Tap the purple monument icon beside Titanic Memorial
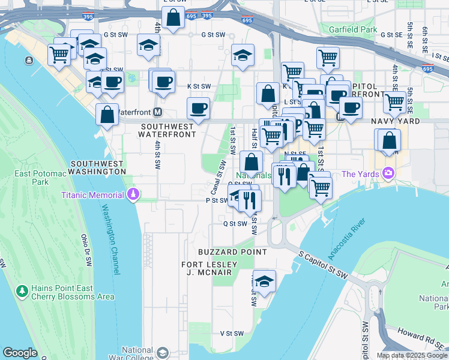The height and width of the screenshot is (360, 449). coord(133,194)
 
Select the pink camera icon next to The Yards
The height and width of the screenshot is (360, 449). coord(389,174)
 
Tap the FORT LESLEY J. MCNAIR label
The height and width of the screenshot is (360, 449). coord(206,268)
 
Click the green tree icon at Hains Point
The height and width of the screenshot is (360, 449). coord(23,291)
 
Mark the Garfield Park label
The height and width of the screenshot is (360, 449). coord(352,29)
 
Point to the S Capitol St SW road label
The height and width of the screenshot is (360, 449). coord(324,265)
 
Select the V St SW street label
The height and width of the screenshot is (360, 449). coord(232,333)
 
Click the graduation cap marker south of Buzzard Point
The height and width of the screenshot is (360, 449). coord(263,281)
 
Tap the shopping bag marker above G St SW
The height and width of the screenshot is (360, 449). coord(173,17)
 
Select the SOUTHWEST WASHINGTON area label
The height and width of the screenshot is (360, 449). coord(98,167)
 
